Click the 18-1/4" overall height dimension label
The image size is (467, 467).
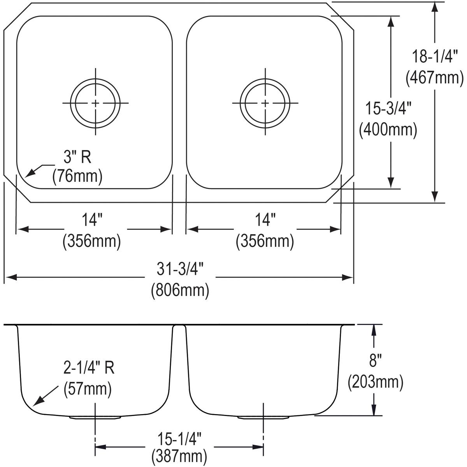(435, 57)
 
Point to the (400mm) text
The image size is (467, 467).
(388, 130)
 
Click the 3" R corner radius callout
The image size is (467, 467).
(77, 157)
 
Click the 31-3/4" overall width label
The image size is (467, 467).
(180, 269)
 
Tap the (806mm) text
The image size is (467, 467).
(180, 290)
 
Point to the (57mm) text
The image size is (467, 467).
(88, 389)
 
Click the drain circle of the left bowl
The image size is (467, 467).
(95, 103)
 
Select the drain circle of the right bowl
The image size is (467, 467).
(265, 103)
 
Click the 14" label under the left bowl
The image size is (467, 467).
(92, 220)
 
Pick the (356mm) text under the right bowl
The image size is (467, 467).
(265, 241)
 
